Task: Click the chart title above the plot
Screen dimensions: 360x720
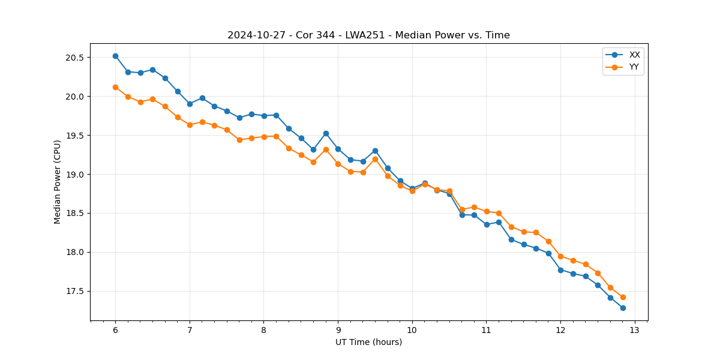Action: pos(368,35)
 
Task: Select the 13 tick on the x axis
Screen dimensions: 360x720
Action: pos(635,330)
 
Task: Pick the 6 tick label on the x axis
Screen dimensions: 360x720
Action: pos(115,330)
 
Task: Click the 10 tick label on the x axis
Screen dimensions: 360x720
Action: pos(412,330)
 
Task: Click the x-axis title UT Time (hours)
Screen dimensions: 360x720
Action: pos(368,342)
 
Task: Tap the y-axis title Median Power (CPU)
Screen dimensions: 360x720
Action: pos(58,182)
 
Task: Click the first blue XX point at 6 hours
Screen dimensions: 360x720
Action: pos(115,56)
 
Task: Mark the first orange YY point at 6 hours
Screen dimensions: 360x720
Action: pos(115,87)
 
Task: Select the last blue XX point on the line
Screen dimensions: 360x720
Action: pos(623,308)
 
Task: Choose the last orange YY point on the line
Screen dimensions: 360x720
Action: pos(623,297)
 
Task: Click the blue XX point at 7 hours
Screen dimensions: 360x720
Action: pos(190,104)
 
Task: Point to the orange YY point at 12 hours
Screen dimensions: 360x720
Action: pos(560,256)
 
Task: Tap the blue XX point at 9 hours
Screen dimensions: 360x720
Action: pos(338,149)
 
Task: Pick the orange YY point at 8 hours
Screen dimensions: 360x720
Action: pos(264,137)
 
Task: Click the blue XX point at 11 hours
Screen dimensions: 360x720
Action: pos(487,224)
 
